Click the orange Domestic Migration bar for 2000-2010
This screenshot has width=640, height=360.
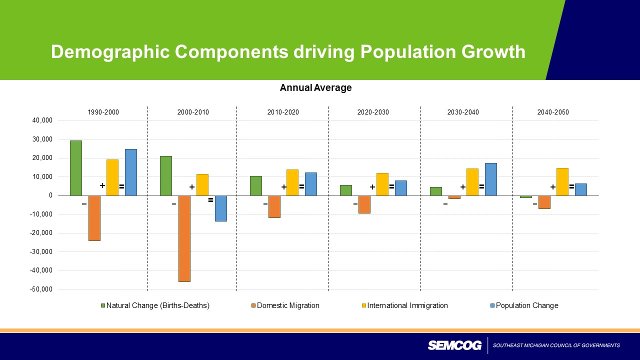pyautogui.click(x=184, y=238)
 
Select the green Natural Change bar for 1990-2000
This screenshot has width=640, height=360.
pyautogui.click(x=76, y=168)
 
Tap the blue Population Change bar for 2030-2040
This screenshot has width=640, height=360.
pyautogui.click(x=490, y=179)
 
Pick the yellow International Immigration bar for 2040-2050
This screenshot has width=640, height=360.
pyautogui.click(x=562, y=181)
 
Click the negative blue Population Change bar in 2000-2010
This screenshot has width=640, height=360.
pyautogui.click(x=221, y=208)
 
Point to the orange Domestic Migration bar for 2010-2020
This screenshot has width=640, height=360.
pyautogui.click(x=274, y=206)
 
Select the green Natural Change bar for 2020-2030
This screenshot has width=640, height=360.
pyautogui.click(x=346, y=190)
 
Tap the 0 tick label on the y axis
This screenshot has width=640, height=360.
pyautogui.click(x=50, y=195)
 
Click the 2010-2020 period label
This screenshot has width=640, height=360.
pyautogui.click(x=283, y=112)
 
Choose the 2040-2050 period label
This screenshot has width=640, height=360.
pyautogui.click(x=553, y=112)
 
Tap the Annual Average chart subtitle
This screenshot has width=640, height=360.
pyautogui.click(x=315, y=88)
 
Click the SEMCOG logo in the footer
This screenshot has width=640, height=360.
pyautogui.click(x=454, y=345)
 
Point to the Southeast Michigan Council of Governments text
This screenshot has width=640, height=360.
pyautogui.click(x=556, y=345)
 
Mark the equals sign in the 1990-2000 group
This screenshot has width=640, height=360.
pyautogui.click(x=121, y=187)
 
